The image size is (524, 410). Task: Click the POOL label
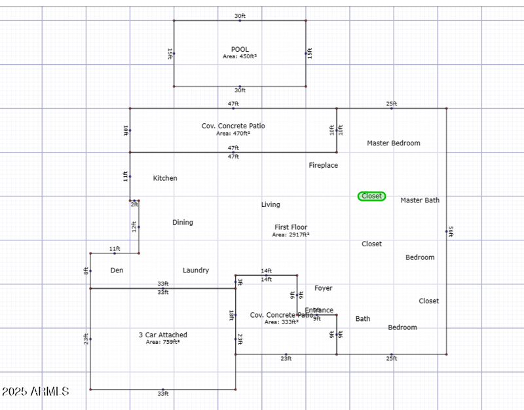click(240, 50)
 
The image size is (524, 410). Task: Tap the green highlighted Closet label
click(371, 196)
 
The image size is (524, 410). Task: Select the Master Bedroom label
click(394, 143)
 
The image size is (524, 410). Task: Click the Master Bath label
click(420, 200)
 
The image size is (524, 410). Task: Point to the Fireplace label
click(324, 165)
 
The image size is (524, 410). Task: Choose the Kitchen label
click(165, 178)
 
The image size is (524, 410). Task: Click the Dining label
click(183, 222)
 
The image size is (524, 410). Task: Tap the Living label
click(271, 205)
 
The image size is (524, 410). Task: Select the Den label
click(117, 270)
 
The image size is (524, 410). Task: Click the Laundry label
click(196, 270)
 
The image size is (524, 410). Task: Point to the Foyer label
click(324, 288)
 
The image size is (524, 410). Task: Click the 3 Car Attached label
click(163, 335)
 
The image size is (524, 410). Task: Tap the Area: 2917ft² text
click(291, 234)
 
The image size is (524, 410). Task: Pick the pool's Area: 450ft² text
click(240, 57)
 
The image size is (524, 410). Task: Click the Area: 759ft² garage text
click(163, 342)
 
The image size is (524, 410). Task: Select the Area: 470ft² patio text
click(233, 133)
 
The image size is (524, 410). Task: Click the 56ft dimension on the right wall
click(450, 231)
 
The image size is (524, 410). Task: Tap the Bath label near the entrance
click(363, 319)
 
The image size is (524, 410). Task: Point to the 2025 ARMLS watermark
click(35, 392)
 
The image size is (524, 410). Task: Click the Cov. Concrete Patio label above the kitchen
click(233, 126)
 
